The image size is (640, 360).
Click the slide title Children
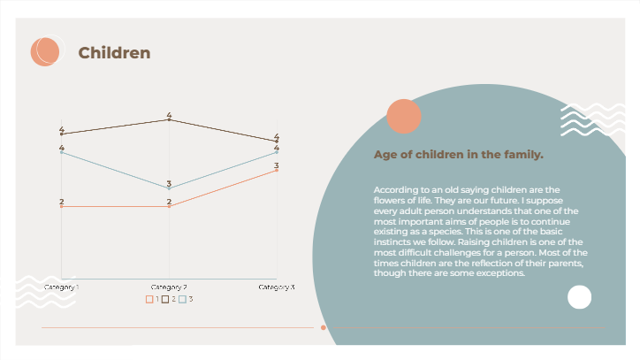click(x=114, y=53)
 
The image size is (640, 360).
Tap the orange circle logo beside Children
click(x=44, y=51)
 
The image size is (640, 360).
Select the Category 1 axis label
click(x=62, y=287)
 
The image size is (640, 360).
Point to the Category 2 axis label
click(x=169, y=287)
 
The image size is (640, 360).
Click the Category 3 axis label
click(x=277, y=287)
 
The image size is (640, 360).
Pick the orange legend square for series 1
click(x=149, y=300)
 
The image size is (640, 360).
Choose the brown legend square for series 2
click(x=165, y=300)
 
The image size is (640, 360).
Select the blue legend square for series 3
click(x=182, y=300)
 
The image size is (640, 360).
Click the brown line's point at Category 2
click(x=169, y=119)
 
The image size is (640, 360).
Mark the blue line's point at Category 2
click(x=169, y=188)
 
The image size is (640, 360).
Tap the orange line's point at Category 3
click(x=277, y=170)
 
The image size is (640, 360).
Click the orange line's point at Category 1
click(x=62, y=206)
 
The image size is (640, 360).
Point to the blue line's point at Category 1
click(x=62, y=152)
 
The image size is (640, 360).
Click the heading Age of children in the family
click(x=458, y=155)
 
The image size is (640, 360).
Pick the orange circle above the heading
click(x=404, y=117)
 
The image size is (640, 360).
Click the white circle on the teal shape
click(x=579, y=297)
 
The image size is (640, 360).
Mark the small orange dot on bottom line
click(x=324, y=327)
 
